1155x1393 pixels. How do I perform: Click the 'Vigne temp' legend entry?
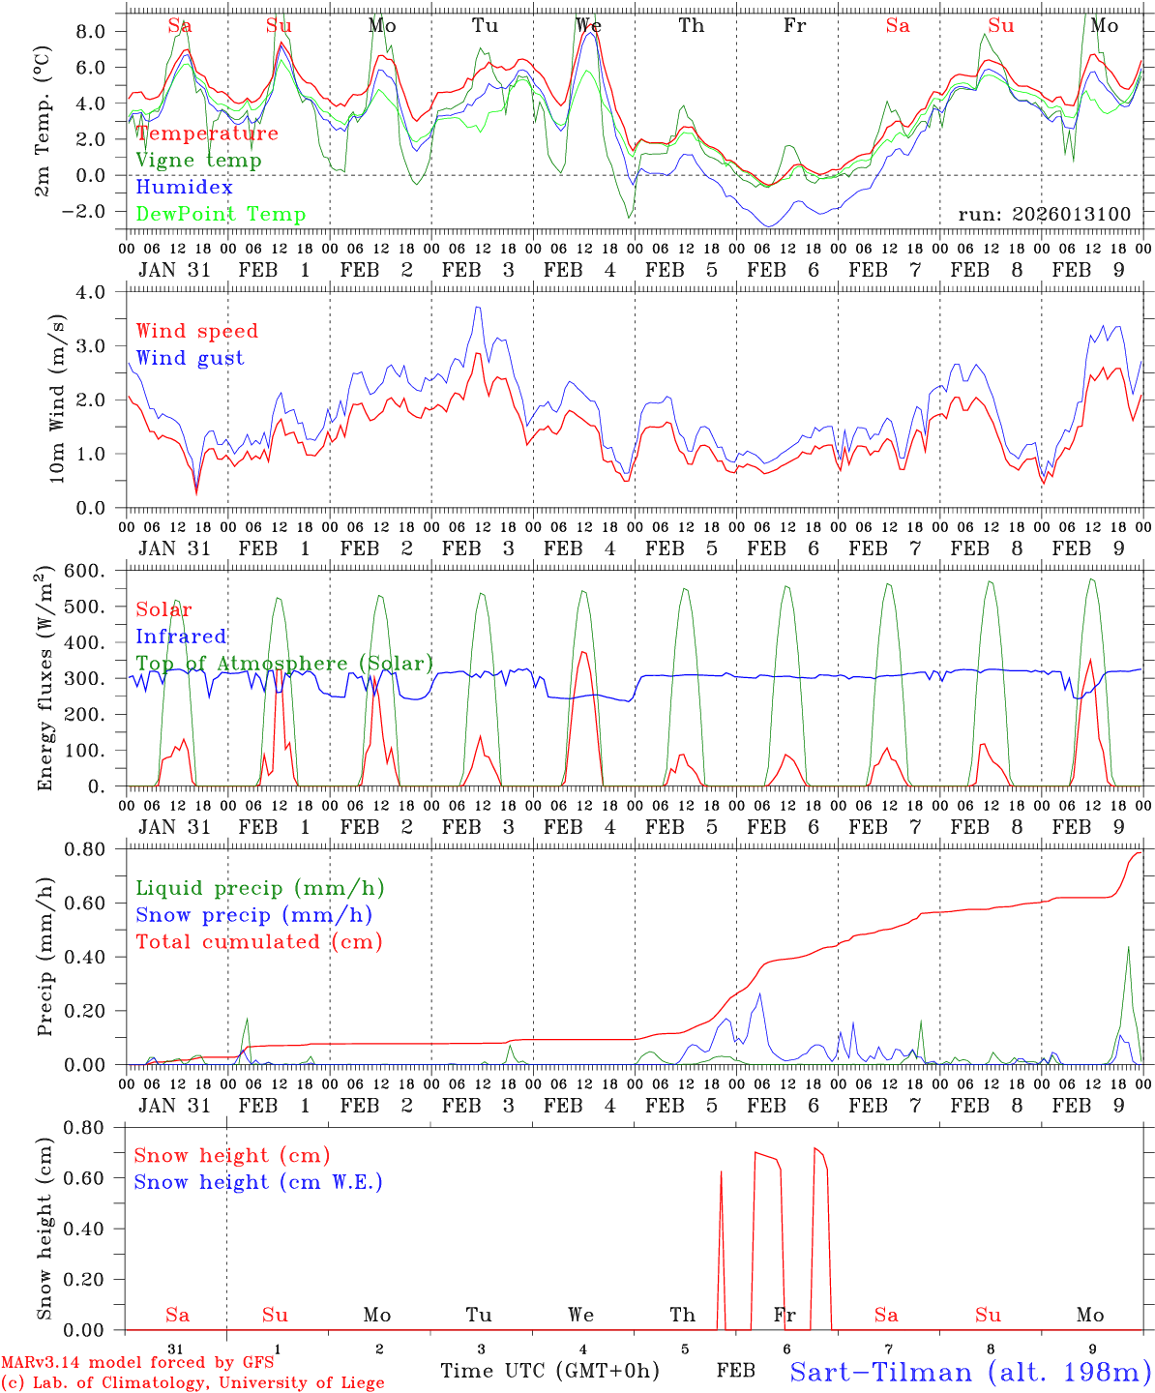pyautogui.click(x=198, y=161)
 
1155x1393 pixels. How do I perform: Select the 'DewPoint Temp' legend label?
pyautogui.click(x=221, y=215)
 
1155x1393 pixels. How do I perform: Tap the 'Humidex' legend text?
pyautogui.click(x=184, y=188)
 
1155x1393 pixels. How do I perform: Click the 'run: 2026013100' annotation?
pyautogui.click(x=1044, y=214)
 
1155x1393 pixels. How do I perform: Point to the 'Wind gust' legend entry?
pyautogui.click(x=190, y=358)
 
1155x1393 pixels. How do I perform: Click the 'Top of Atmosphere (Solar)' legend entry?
pyautogui.click(x=284, y=664)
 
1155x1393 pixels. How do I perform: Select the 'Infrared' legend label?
pyautogui.click(x=181, y=637)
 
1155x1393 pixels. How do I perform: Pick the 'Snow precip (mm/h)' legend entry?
pyautogui.click(x=253, y=915)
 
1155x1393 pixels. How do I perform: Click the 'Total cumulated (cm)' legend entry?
pyautogui.click(x=258, y=942)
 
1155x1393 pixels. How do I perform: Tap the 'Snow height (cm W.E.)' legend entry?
pyautogui.click(x=258, y=1182)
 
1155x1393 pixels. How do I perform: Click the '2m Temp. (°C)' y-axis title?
pyautogui.click(x=44, y=121)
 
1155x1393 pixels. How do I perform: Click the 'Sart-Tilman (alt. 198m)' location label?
pyautogui.click(x=969, y=1372)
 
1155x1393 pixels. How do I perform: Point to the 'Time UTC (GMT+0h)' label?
pyautogui.click(x=549, y=1371)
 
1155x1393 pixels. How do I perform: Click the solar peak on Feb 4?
pyautogui.click(x=583, y=652)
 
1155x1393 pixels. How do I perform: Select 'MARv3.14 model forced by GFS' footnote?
pyautogui.click(x=137, y=1363)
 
